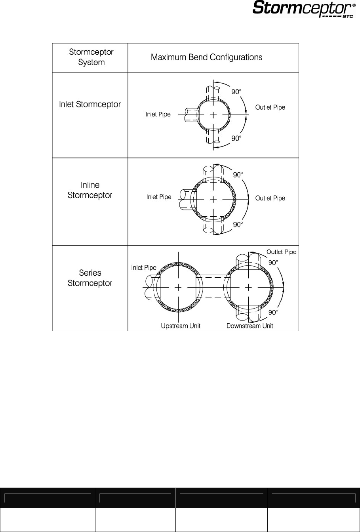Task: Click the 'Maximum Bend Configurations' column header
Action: [x=206, y=57]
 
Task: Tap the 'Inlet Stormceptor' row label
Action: [x=90, y=105]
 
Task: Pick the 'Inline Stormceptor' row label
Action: [x=90, y=190]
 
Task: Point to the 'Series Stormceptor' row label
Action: [x=90, y=278]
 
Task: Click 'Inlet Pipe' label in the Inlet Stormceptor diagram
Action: [x=158, y=114]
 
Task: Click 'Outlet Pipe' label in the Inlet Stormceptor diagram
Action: [x=270, y=107]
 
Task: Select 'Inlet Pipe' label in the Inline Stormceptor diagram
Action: [x=158, y=197]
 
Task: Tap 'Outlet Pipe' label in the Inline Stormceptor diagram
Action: [x=270, y=198]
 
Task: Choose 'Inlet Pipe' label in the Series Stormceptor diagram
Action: [x=144, y=268]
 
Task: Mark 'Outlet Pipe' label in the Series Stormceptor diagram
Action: [x=281, y=252]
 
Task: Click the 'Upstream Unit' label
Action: [x=181, y=326]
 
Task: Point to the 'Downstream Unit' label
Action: [x=250, y=326]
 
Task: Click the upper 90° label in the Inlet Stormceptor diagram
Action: [x=236, y=92]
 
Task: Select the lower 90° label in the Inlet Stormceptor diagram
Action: [x=236, y=138]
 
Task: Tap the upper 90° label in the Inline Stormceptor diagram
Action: [x=238, y=175]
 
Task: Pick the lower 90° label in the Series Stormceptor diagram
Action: [x=273, y=312]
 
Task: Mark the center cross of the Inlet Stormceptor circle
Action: [x=213, y=115]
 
